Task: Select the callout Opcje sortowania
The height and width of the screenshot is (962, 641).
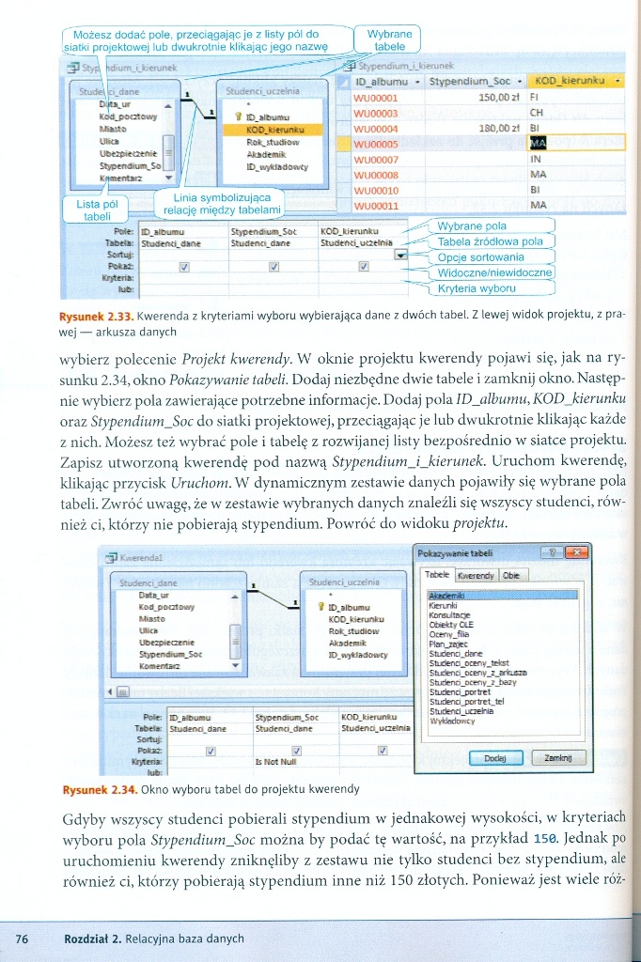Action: coord(481,257)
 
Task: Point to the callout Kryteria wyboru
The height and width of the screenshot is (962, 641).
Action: coord(477,288)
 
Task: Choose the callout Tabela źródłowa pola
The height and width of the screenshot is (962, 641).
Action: coord(491,241)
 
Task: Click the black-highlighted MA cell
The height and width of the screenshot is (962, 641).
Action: coord(539,143)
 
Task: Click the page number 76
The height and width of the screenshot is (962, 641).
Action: coord(23,939)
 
